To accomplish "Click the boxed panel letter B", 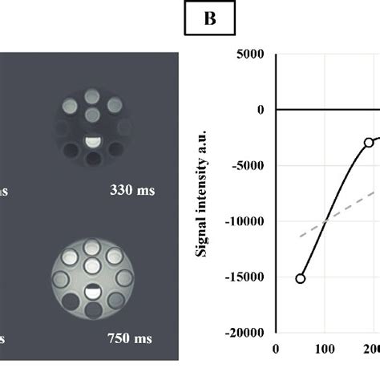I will pyautogui.click(x=211, y=19).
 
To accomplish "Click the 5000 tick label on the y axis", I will pyautogui.click(x=251, y=55).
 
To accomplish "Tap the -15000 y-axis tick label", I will pyautogui.click(x=245, y=277).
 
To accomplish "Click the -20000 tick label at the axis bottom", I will pyautogui.click(x=245, y=333).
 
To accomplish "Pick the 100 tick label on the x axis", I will pyautogui.click(x=325, y=349).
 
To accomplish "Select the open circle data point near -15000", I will pyautogui.click(x=301, y=278).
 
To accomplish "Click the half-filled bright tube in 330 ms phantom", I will pyautogui.click(x=94, y=143).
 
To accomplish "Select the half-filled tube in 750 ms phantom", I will pyautogui.click(x=94, y=291).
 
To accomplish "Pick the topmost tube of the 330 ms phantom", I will pyautogui.click(x=94, y=97).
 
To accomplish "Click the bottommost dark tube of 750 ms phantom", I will pyautogui.click(x=94, y=309).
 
